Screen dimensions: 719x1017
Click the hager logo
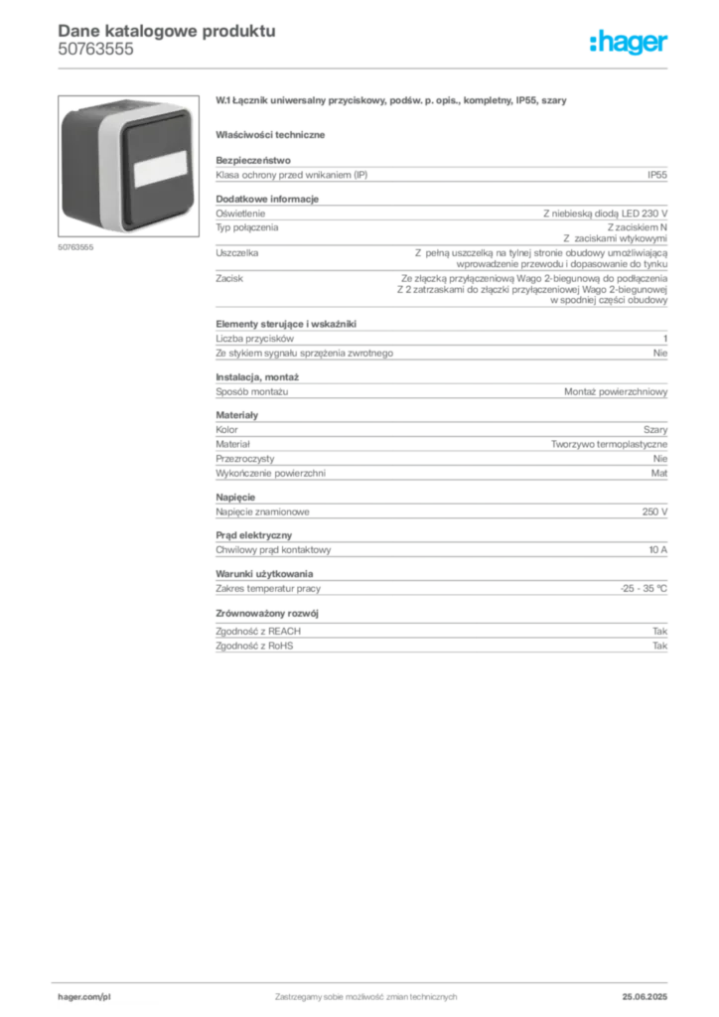point(628,43)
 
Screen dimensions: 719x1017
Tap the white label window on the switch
point(161,169)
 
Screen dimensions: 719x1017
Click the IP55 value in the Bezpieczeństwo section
point(656,175)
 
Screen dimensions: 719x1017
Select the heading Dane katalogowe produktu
point(167,31)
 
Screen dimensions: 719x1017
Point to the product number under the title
point(96,49)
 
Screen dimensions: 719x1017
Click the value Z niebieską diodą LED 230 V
point(605,214)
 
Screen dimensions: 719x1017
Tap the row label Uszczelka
point(236,253)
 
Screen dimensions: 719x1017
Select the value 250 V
point(654,511)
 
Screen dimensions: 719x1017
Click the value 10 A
point(658,549)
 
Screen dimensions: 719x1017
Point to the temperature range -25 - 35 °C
point(644,588)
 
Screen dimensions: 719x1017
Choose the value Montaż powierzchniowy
point(616,391)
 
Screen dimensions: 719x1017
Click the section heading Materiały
point(236,415)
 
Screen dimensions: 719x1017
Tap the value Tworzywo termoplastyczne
point(609,444)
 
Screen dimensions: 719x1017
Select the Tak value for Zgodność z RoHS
point(659,646)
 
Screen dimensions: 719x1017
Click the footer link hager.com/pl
point(84,997)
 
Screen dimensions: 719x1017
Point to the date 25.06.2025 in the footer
point(645,997)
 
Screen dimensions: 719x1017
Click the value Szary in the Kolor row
point(654,429)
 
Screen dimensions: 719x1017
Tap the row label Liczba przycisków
point(255,339)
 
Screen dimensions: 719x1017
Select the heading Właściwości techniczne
point(270,135)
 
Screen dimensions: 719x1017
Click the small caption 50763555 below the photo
point(75,247)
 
